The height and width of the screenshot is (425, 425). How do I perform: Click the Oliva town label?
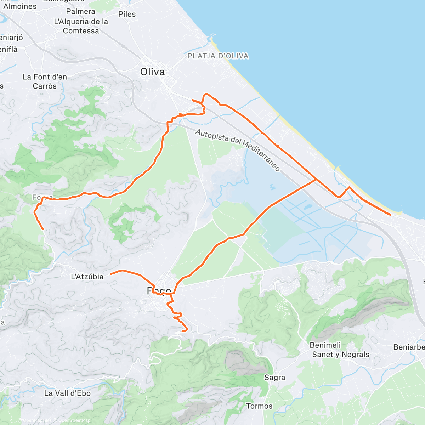point(152,72)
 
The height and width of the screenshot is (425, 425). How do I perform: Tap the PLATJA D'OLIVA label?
point(218,56)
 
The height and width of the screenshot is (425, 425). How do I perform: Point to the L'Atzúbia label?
point(87,277)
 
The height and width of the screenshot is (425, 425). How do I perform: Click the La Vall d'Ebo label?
point(67,393)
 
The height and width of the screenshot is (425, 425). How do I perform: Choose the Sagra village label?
point(274,378)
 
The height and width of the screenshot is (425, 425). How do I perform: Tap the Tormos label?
point(259,406)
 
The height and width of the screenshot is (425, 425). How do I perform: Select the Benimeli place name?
point(325,345)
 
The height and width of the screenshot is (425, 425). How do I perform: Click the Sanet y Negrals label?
point(340,355)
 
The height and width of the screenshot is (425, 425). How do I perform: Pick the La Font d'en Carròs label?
point(45,81)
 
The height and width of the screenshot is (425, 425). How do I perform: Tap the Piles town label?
point(127,14)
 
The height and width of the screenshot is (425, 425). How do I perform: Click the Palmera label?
point(81,11)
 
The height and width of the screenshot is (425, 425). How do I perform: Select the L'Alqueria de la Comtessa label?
point(81,26)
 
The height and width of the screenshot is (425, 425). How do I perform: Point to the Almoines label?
point(20,6)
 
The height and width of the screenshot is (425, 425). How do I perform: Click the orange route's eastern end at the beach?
point(390,215)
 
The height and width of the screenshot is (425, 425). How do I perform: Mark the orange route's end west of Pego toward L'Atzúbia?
point(111,273)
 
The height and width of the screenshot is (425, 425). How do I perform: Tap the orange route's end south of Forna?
point(43,229)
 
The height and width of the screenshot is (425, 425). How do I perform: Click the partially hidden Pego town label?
point(159,291)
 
